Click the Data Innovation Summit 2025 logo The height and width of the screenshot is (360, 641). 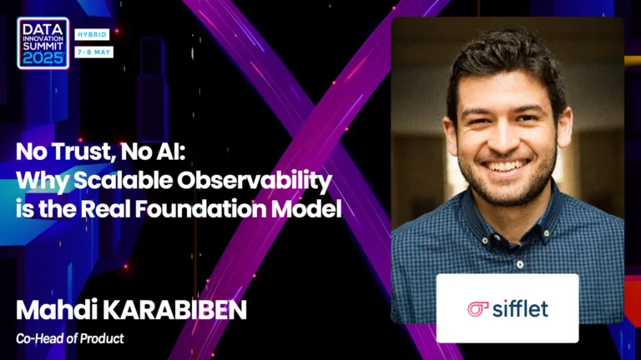[43, 42]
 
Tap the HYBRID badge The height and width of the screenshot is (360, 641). [92, 35]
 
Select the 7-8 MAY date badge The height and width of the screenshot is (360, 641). [94, 52]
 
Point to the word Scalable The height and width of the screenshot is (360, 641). [123, 180]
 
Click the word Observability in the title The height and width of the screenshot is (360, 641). [255, 181]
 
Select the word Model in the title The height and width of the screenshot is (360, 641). [306, 208]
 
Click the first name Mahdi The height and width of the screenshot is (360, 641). [57, 310]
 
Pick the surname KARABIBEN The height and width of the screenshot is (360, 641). [174, 310]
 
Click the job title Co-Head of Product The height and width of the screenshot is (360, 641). [70, 339]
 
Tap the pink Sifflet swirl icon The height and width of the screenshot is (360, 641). [478, 309]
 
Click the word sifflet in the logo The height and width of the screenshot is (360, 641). [521, 308]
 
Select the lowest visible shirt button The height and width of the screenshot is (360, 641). [520, 264]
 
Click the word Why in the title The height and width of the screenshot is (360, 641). [43, 181]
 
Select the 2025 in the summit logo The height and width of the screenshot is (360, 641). [43, 58]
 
